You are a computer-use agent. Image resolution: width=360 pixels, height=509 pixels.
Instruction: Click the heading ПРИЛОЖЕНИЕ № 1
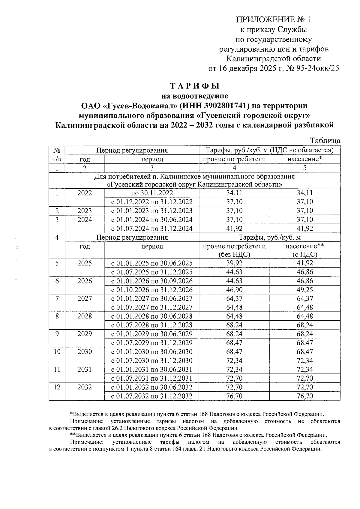click(x=273, y=20)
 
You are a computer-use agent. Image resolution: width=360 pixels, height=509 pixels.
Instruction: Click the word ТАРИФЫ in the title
click(x=195, y=86)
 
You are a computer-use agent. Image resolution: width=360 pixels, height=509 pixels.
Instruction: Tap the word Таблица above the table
click(x=325, y=141)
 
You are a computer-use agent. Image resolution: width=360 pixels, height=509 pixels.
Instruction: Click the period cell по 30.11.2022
click(x=152, y=193)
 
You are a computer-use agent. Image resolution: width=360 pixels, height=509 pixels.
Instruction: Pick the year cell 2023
click(x=85, y=211)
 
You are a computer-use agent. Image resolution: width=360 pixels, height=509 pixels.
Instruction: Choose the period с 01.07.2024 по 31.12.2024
click(x=152, y=229)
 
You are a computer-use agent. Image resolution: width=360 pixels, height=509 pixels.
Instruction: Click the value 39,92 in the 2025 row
click(x=234, y=263)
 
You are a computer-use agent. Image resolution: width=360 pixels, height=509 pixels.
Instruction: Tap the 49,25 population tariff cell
click(x=305, y=290)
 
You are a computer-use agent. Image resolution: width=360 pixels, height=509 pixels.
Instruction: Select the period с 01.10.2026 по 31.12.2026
click(x=152, y=290)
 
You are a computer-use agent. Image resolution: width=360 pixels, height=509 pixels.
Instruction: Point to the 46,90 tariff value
click(x=234, y=290)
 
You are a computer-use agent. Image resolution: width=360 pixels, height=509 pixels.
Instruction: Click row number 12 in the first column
click(x=57, y=387)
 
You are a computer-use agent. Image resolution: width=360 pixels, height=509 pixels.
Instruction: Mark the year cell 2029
click(x=85, y=334)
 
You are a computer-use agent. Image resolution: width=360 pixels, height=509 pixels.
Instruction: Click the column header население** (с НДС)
click(x=305, y=250)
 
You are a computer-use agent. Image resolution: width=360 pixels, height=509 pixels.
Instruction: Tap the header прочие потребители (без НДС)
click(x=234, y=250)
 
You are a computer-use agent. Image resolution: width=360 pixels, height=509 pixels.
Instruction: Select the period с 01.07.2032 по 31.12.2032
click(x=152, y=396)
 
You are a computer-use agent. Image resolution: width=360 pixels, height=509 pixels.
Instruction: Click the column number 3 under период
click(x=152, y=168)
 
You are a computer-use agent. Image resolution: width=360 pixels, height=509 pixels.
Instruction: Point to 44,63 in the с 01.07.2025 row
click(x=234, y=272)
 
